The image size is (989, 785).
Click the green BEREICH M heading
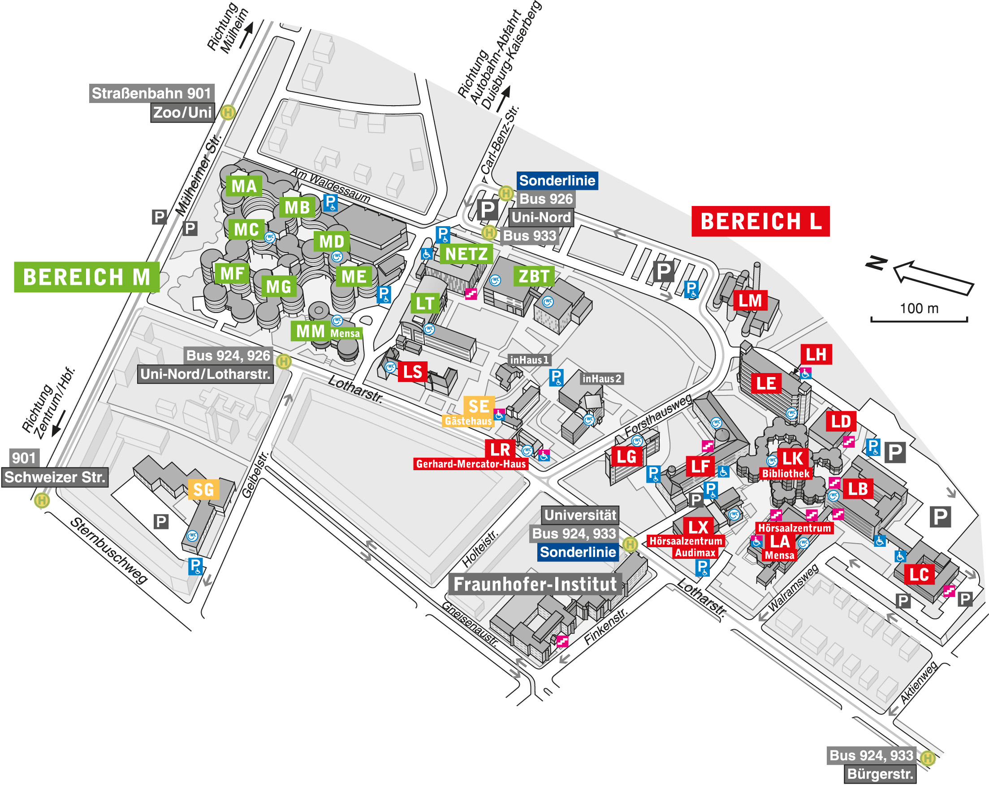(86, 277)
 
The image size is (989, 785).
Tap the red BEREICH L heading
(760, 222)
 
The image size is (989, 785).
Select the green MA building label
(244, 186)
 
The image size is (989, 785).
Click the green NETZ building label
(466, 254)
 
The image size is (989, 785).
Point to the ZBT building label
(534, 276)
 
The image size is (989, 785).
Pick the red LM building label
(750, 301)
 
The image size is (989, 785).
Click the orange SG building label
(203, 490)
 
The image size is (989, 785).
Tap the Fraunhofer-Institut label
(535, 584)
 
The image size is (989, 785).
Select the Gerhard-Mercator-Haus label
(471, 464)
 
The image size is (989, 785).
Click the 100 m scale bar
(919, 319)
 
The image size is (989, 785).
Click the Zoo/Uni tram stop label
(182, 112)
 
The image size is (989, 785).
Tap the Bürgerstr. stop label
(880, 774)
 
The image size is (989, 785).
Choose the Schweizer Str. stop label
(55, 477)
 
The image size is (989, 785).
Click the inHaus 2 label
(601, 379)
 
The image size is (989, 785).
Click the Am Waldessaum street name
(330, 185)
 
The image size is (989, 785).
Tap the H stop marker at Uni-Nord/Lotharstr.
(284, 362)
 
